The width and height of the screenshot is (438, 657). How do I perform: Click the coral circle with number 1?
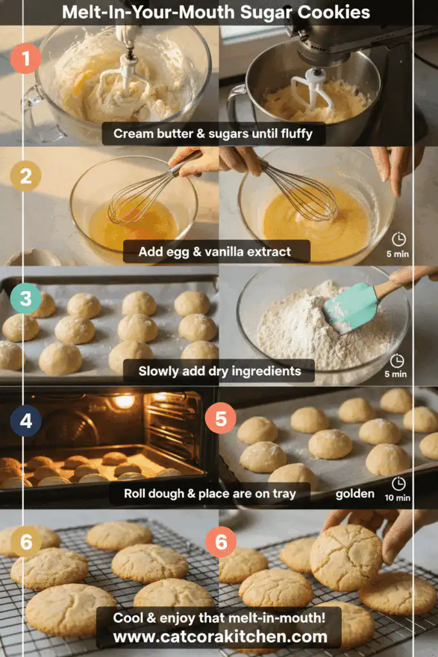point(26,58)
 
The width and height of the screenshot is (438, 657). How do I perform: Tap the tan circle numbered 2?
point(26,176)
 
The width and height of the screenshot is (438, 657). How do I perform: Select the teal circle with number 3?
point(26,298)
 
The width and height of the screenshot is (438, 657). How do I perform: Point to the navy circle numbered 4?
point(26,420)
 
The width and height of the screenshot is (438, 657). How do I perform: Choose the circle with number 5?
point(221,418)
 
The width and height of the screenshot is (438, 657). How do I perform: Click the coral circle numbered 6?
point(221,542)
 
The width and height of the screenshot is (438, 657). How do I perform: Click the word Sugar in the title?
point(266,12)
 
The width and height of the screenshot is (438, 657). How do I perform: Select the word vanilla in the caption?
point(218,252)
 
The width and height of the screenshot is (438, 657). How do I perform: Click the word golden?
point(355,494)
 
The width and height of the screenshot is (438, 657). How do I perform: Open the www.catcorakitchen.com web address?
point(220,637)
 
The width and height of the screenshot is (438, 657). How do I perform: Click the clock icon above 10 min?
point(398,484)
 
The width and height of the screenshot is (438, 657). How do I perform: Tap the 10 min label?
point(398,498)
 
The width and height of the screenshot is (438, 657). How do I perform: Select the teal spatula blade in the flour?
point(350,307)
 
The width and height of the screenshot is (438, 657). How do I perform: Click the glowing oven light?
point(124,401)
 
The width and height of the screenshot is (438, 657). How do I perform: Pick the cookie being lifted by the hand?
point(346,558)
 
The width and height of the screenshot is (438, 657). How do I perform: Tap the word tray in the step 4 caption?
point(284,494)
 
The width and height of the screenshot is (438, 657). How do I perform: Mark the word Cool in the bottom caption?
point(128,618)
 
